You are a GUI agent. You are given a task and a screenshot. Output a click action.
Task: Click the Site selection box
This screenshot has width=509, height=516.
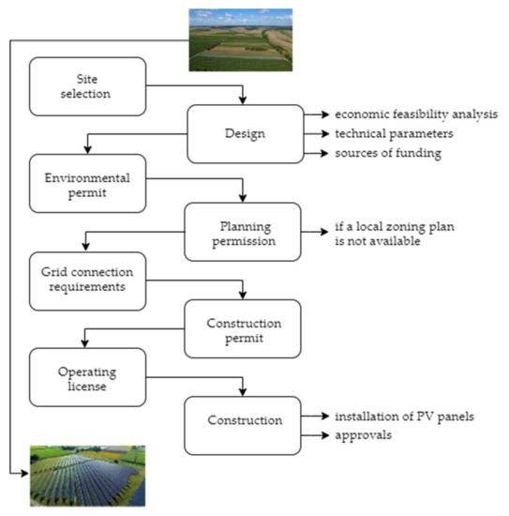89,85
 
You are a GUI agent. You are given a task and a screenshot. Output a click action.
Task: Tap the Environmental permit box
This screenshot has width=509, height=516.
89,182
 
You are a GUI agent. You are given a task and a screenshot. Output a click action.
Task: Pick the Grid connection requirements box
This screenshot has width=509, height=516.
89,280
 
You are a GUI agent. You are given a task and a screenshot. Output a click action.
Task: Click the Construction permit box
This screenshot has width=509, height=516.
243,328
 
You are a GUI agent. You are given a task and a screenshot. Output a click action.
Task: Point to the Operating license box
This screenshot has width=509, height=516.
89,377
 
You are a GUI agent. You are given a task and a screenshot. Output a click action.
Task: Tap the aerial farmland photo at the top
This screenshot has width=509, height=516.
241,39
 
